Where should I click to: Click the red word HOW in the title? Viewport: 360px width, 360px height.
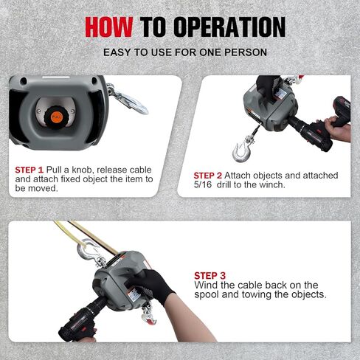[109, 27]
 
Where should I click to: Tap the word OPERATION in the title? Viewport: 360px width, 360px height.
[229, 27]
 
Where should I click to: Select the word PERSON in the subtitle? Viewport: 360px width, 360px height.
[246, 52]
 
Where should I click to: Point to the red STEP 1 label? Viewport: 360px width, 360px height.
[30, 170]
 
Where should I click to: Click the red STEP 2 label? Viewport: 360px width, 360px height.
[208, 176]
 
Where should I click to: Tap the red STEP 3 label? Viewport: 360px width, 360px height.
[210, 276]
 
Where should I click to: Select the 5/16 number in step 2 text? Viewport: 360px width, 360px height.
[203, 184]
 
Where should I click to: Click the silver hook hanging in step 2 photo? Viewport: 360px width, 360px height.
[242, 150]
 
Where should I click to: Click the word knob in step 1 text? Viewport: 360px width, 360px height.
[83, 170]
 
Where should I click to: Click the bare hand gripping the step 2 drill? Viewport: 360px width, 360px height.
[338, 128]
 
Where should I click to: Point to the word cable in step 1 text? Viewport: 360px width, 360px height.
[140, 170]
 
